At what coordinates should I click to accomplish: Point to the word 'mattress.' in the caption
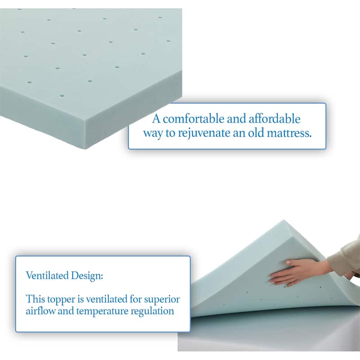288,133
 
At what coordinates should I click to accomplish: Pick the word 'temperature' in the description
102,311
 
